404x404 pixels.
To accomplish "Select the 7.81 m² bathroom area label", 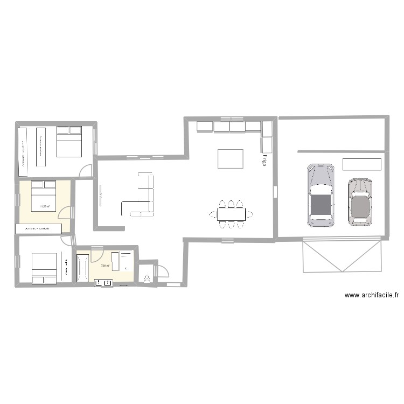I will coord(105,266).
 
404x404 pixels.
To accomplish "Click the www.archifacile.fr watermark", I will coord(372,295).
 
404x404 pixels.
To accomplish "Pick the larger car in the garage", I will coord(321,195).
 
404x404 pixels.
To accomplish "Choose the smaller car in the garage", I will coord(360,202).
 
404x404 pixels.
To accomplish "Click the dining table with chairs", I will coord(231,214).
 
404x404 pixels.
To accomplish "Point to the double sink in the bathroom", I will coord(104,282).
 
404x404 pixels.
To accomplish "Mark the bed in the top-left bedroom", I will coord(68,141).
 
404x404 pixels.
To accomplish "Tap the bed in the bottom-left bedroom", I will coord(44,268).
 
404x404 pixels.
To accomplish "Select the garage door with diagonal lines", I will coord(343,256).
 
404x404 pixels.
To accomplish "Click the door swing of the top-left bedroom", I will coord(86,170).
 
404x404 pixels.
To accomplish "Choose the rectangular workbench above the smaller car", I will coord(362,164).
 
